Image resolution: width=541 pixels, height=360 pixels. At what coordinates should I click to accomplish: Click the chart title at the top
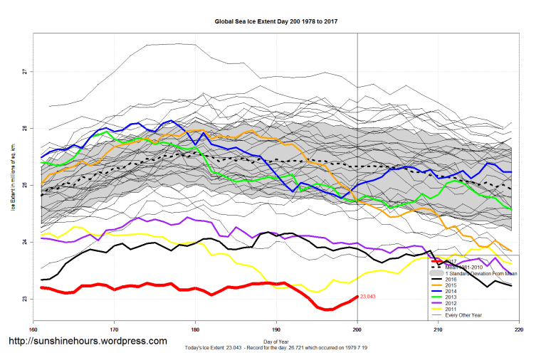275,21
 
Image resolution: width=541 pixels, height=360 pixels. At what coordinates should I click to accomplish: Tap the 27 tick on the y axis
24,72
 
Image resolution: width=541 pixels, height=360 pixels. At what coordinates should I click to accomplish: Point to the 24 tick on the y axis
24,242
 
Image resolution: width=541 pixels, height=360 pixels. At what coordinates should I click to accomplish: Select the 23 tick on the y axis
24,299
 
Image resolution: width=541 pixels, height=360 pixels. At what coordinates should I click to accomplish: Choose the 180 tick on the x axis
195,329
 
